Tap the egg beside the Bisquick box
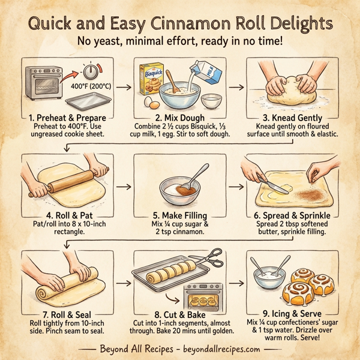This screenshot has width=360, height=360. pyautogui.click(x=148, y=103)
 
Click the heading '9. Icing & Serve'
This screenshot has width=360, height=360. pyautogui.click(x=293, y=313)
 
